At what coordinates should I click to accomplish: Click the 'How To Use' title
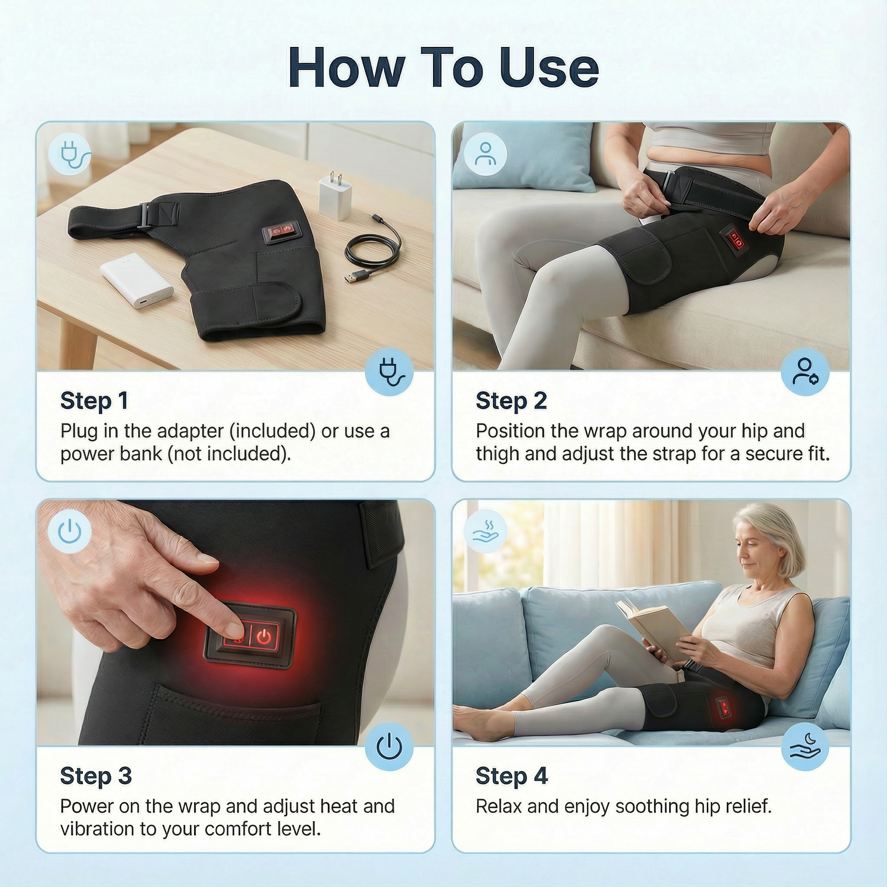[443, 68]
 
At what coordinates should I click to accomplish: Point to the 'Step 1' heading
[94, 401]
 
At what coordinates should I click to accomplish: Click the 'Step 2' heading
[511, 401]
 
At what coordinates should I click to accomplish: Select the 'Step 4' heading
[512, 776]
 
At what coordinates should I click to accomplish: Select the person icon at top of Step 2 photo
[485, 154]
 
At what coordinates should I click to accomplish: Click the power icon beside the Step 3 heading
[389, 747]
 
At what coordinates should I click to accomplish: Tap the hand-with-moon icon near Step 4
[805, 747]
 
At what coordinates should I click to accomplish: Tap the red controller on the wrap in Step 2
[735, 239]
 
